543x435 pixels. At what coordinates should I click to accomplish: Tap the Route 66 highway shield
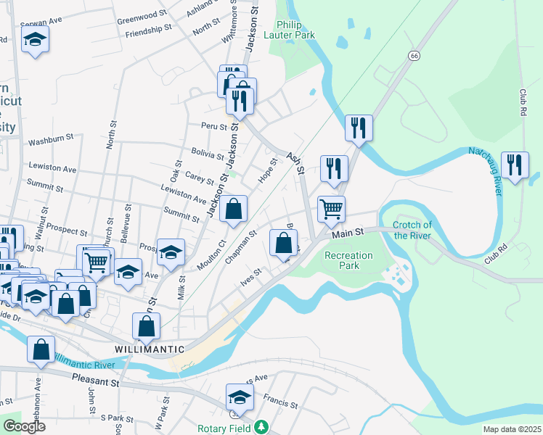414,55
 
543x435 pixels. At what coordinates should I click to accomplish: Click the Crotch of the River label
412,230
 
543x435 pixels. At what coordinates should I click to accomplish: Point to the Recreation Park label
348,260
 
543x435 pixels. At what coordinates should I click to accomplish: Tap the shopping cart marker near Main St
331,209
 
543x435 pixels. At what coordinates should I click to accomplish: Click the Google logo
23,426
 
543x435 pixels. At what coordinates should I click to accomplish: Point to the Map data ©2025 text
511,429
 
